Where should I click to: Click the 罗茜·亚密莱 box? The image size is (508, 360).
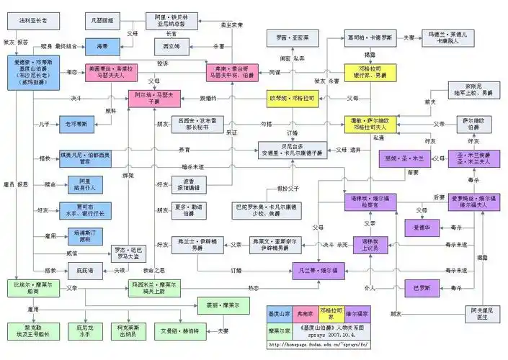pos(282,37)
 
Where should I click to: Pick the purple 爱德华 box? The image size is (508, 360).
pos(421,228)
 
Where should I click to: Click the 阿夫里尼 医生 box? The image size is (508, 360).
pos(477,312)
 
